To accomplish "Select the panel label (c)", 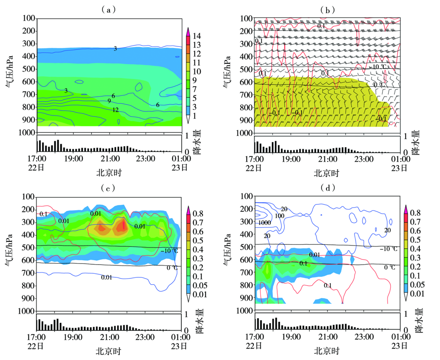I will click(108, 189).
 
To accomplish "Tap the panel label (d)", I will click(327, 189).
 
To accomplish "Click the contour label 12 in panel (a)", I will click(115, 110).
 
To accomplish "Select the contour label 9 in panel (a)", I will click(109, 101).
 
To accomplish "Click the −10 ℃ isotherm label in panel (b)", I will click(379, 67).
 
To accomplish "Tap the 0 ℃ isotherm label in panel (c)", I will click(172, 267).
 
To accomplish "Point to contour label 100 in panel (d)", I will click(279, 216).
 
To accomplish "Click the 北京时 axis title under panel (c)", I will click(108, 351).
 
